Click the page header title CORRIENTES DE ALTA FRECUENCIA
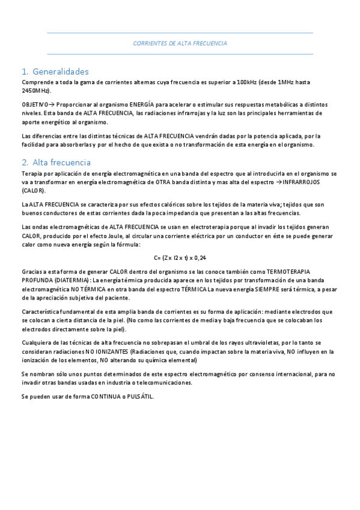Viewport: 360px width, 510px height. (x=180, y=44)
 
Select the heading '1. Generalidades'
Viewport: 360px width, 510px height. (x=55, y=71)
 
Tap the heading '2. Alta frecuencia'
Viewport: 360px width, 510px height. (x=56, y=162)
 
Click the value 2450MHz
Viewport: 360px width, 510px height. (x=36, y=90)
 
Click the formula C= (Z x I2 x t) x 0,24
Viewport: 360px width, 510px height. (x=180, y=257)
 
